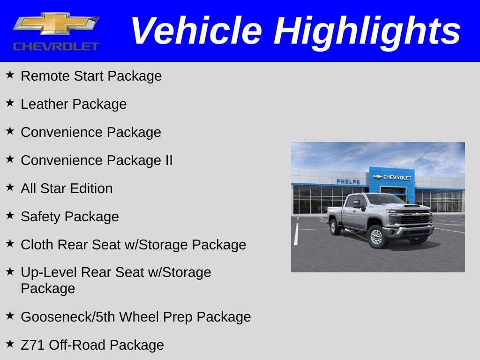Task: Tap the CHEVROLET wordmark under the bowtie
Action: tap(56, 46)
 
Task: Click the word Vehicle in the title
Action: tap(196, 31)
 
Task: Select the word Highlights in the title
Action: tap(367, 31)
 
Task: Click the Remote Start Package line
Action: tap(91, 76)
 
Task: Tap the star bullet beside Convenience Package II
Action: tap(10, 159)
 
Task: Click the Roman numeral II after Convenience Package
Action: tap(168, 160)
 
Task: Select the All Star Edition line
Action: tap(67, 188)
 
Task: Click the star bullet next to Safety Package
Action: tap(10, 215)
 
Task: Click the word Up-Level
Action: tap(49, 272)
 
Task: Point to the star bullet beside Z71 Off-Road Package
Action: tap(10, 344)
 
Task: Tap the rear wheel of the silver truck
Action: tap(335, 227)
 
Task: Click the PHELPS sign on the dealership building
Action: tap(348, 181)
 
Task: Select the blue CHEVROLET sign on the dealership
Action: tap(392, 177)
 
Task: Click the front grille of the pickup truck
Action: tap(415, 219)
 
